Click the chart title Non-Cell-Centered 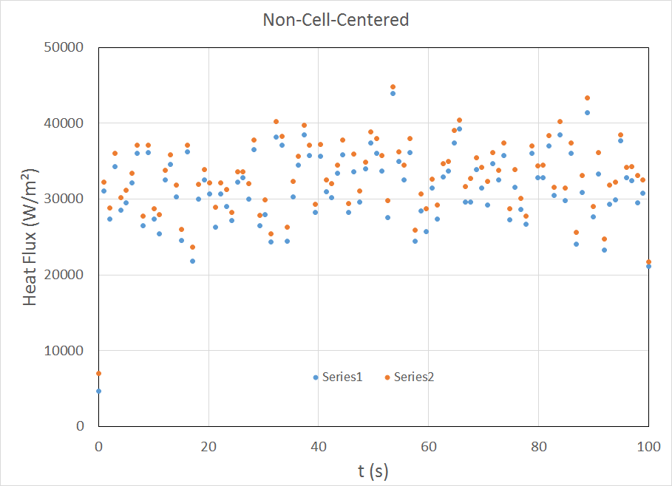click(x=336, y=20)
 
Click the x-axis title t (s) click(x=373, y=469)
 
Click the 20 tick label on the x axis click(x=208, y=445)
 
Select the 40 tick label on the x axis click(x=319, y=445)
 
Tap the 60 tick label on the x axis click(x=429, y=445)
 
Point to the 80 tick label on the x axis click(x=539, y=445)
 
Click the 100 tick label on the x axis click(x=648, y=445)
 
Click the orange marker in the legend click(x=387, y=377)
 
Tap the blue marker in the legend click(x=316, y=377)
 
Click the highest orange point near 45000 click(x=393, y=87)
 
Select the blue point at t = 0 click(x=98, y=391)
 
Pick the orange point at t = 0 click(x=98, y=373)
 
